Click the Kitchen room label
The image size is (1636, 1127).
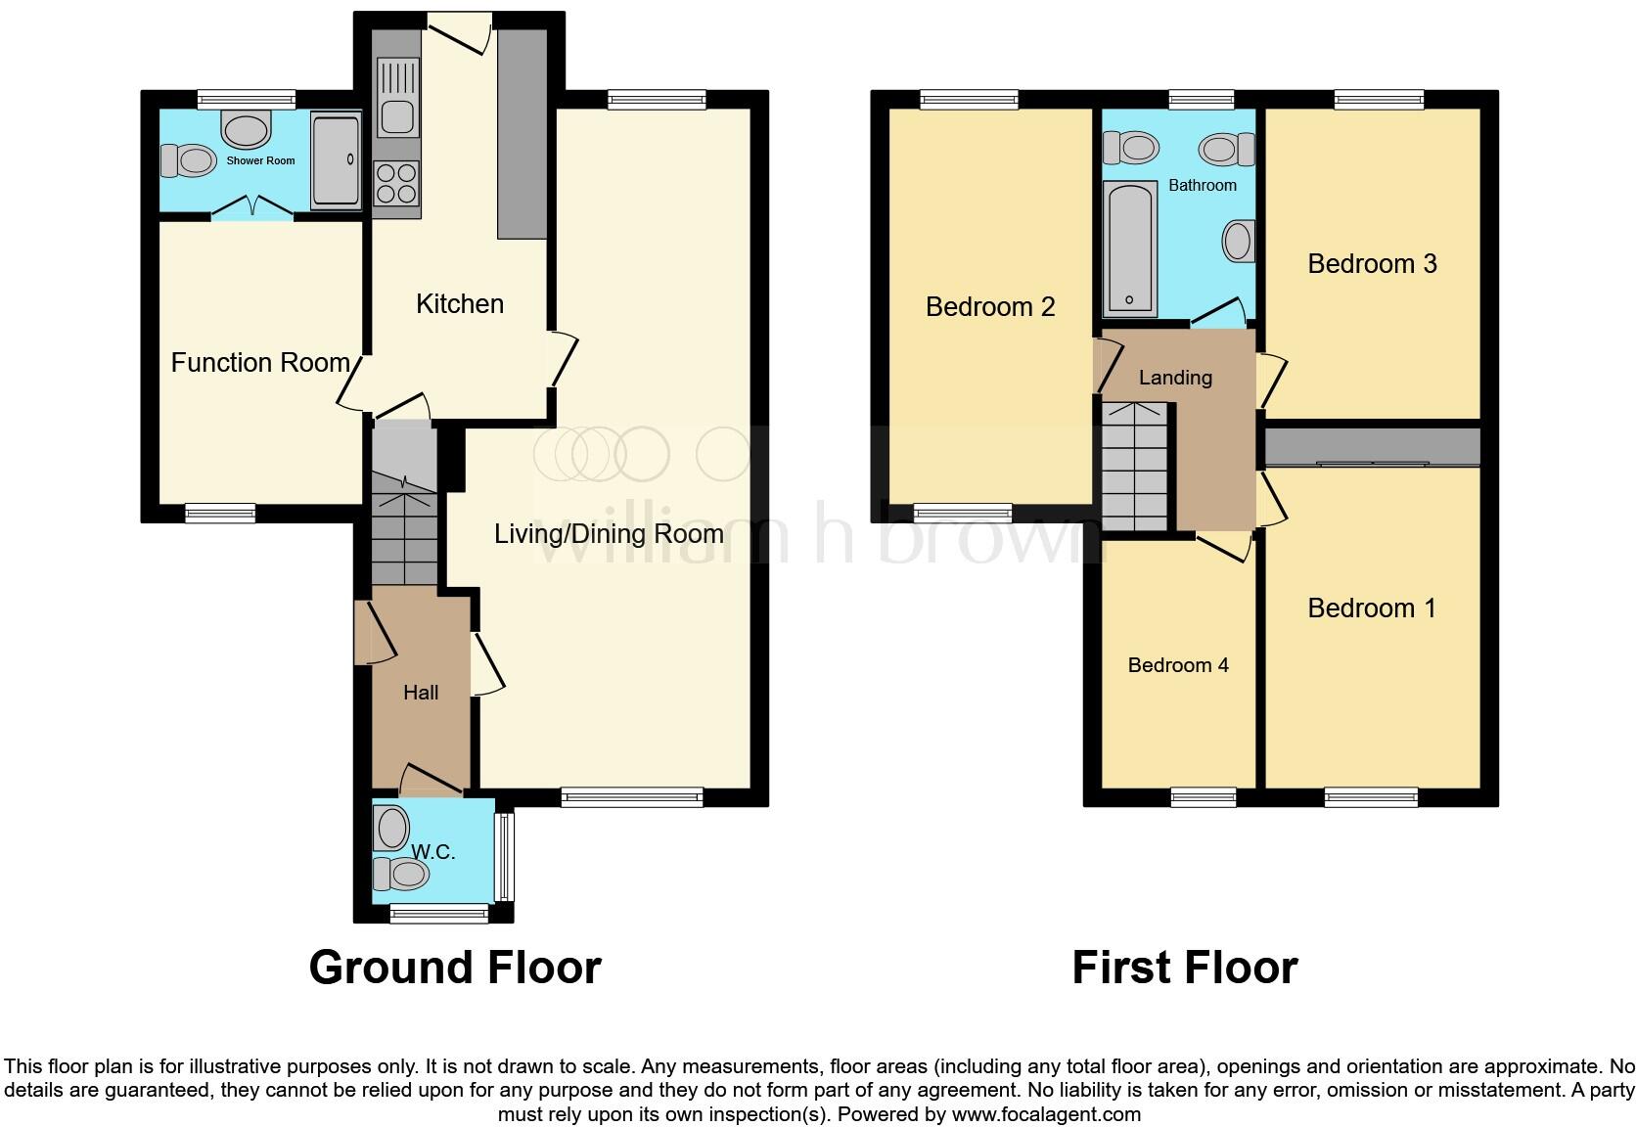[x=459, y=304]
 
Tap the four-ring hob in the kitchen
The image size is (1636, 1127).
[x=396, y=183]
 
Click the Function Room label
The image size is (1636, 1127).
[x=260, y=363]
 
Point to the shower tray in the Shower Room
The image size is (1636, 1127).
[x=336, y=159]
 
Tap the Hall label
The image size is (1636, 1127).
[x=421, y=693]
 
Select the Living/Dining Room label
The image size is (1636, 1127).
[x=609, y=534]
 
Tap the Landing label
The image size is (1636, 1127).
[x=1175, y=378]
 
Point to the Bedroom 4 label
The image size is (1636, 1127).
[x=1178, y=665]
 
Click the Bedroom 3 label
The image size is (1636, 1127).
[x=1372, y=264]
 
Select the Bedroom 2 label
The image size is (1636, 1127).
[x=990, y=307]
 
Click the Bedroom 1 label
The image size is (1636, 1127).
[x=1372, y=609]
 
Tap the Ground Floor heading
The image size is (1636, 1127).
[x=455, y=968]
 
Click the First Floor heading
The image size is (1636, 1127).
[x=1184, y=968]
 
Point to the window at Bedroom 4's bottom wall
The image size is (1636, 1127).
[x=1204, y=797]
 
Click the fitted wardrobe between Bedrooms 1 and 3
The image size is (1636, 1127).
[x=1372, y=447]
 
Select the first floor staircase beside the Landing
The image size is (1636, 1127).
[x=1135, y=468]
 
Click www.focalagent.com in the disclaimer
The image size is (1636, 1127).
[x=1045, y=1113]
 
